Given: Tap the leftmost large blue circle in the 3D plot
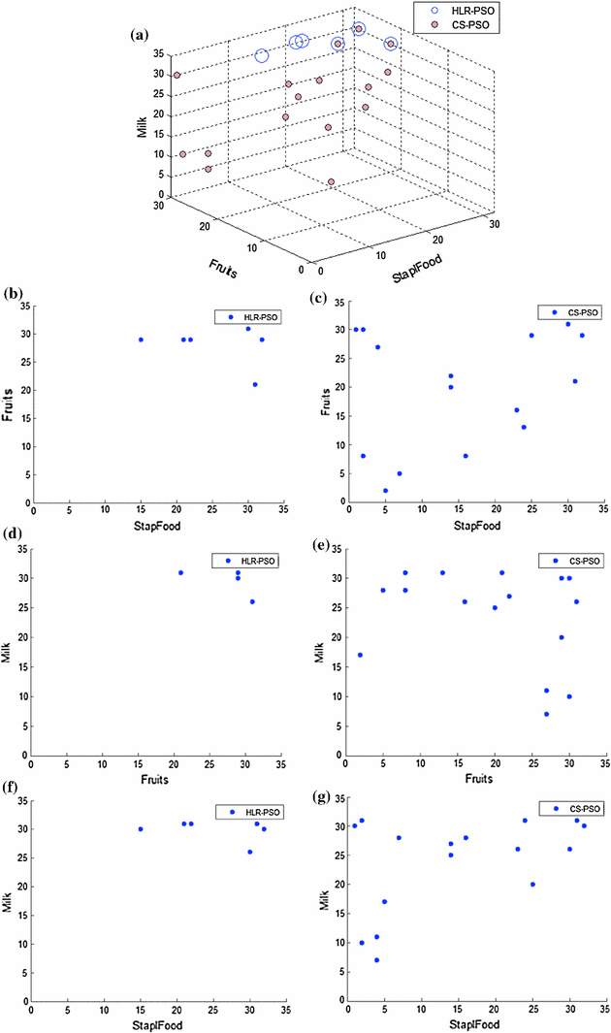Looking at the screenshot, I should tap(262, 55).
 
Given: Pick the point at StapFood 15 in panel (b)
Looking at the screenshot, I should tap(141, 339).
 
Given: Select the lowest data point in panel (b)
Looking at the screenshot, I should tap(255, 384).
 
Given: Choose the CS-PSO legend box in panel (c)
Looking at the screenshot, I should tap(569, 313).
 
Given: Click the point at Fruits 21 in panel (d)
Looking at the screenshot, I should tap(180, 572).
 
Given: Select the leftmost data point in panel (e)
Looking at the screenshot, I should tap(361, 655).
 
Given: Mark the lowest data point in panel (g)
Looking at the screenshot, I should tap(376, 960).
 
